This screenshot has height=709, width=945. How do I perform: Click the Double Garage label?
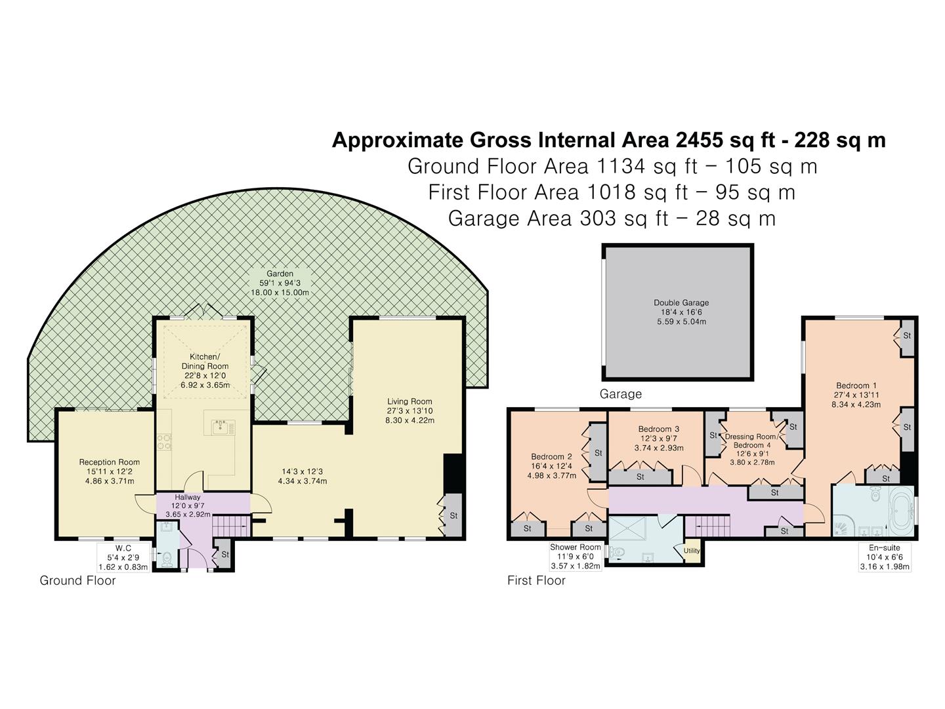[x=681, y=303]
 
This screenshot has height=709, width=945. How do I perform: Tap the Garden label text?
[x=280, y=274]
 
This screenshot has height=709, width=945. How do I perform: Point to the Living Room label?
[x=409, y=402]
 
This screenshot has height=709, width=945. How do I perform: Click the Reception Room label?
[x=110, y=462]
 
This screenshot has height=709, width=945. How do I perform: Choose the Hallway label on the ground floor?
[x=188, y=498]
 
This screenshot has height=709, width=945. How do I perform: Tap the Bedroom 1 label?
[x=856, y=386]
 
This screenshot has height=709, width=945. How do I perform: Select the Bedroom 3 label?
[x=659, y=429]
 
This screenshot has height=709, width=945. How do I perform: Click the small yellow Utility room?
[x=692, y=551]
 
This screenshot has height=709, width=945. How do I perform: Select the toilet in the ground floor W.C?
[x=167, y=558]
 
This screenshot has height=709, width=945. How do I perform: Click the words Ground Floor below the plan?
[x=77, y=580]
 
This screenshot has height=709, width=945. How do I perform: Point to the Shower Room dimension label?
[x=576, y=556]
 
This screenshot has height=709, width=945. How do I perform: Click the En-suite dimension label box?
[x=885, y=557]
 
